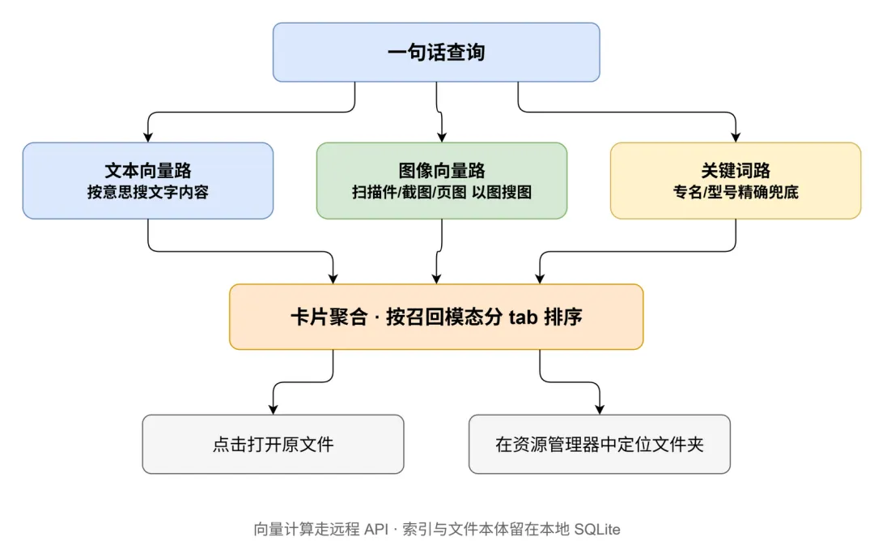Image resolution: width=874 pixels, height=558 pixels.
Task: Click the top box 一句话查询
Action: click(436, 52)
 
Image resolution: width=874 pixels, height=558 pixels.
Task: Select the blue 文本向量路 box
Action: click(148, 181)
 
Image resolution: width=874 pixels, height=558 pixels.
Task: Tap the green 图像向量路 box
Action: click(442, 181)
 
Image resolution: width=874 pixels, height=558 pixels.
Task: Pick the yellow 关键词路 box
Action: click(736, 181)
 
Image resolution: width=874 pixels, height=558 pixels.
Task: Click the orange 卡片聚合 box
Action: click(436, 317)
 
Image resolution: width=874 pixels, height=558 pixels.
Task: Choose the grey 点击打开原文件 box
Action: click(274, 444)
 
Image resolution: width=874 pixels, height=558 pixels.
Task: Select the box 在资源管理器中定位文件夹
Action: click(600, 444)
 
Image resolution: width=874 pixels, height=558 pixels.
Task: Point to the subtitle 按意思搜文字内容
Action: click(148, 192)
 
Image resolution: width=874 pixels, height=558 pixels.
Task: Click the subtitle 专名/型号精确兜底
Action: click(736, 192)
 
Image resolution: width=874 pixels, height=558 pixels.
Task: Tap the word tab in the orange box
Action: click(523, 317)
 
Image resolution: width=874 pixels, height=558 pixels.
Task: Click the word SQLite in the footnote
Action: click(597, 529)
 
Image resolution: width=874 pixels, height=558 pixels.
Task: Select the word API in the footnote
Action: click(375, 529)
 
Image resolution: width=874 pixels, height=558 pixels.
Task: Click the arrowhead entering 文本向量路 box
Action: click(148, 137)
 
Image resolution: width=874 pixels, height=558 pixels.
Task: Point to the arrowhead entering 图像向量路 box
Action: click(442, 137)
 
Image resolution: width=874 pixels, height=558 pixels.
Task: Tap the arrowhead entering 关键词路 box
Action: click(736, 137)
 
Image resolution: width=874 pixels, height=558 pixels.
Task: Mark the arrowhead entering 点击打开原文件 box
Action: click(274, 410)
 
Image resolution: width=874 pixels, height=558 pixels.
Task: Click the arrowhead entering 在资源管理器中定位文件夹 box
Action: click(600, 410)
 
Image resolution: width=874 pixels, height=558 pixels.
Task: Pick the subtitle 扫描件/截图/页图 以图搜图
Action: click(442, 192)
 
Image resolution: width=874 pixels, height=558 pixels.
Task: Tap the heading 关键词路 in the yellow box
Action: click(736, 170)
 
